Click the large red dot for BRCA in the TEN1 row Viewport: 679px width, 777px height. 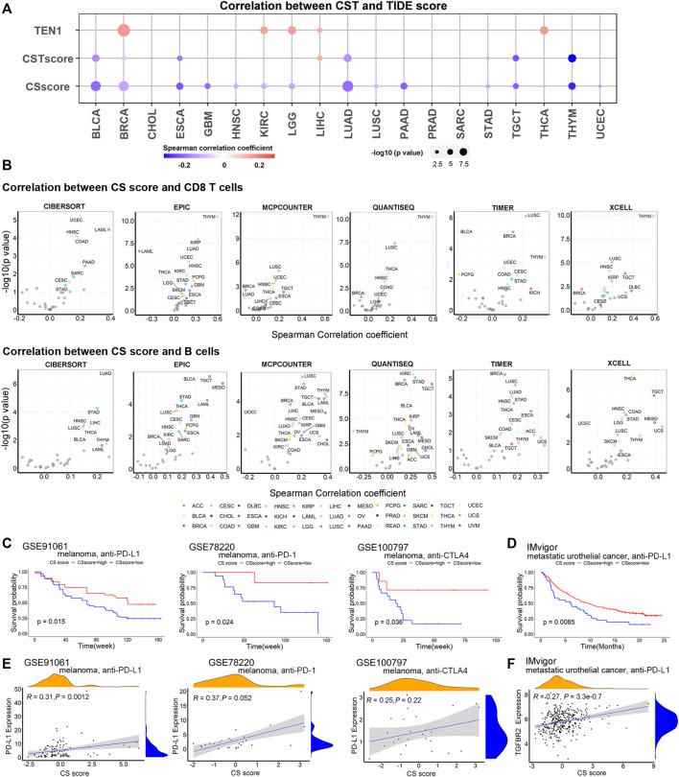coord(123,31)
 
